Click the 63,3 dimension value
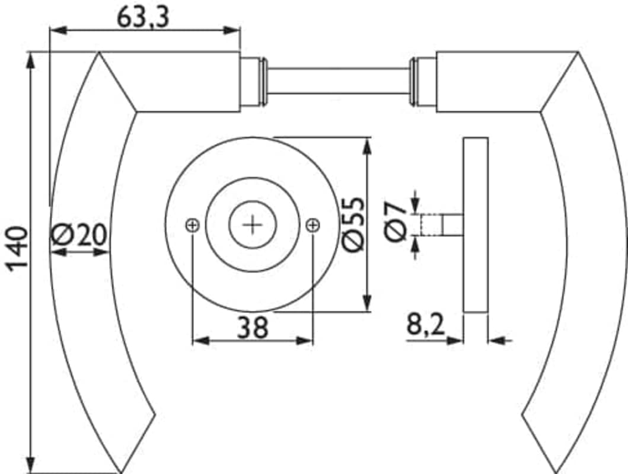click(x=143, y=18)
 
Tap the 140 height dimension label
click(x=18, y=249)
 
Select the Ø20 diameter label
click(x=79, y=235)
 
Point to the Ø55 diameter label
click(x=355, y=225)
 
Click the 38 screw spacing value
click(x=252, y=327)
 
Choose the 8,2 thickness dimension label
click(x=426, y=324)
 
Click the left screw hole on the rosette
click(x=193, y=225)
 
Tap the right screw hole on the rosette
click(x=313, y=225)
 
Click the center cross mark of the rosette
click(x=252, y=225)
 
